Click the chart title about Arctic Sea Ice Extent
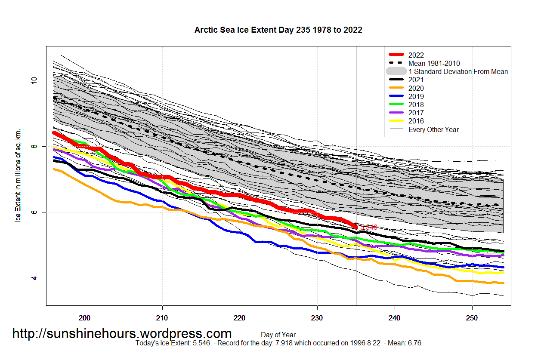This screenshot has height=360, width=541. click(x=278, y=30)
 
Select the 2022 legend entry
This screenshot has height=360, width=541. click(x=416, y=55)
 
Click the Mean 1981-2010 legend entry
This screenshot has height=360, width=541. click(x=434, y=63)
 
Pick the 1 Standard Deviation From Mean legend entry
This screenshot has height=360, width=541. click(x=458, y=71)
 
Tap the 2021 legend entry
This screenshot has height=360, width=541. click(x=416, y=80)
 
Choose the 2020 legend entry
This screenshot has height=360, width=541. click(x=416, y=88)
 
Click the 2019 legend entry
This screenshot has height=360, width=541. click(x=416, y=96)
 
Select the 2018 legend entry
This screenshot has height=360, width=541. click(x=416, y=105)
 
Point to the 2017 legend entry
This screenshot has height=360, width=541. click(x=416, y=113)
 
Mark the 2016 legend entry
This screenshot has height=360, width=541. click(x=416, y=121)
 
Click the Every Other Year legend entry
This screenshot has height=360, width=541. click(x=433, y=129)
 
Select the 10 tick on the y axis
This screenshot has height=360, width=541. click(x=34, y=80)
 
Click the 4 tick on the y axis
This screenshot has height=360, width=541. click(x=34, y=278)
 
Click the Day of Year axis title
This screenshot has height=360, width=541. click(x=278, y=335)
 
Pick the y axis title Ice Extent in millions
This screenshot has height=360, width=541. click(x=18, y=176)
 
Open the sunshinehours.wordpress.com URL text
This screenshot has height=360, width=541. click(x=122, y=333)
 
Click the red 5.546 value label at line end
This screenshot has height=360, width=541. click(x=369, y=227)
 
